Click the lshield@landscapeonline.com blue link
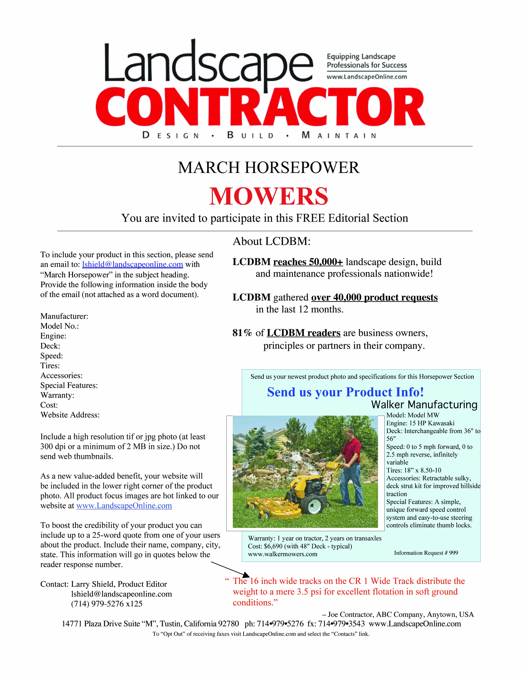[133, 264]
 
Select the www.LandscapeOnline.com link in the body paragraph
[124, 505]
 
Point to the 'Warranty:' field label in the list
[57, 395]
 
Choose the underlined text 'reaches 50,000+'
[308, 262]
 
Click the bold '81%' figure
[242, 333]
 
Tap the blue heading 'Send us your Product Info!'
[345, 392]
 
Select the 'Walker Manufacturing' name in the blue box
[424, 405]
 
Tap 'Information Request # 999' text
[426, 553]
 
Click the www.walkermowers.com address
[283, 554]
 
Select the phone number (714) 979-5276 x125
[107, 604]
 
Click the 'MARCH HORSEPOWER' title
[269, 168]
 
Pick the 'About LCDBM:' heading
[271, 241]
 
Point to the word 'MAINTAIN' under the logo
[339, 135]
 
